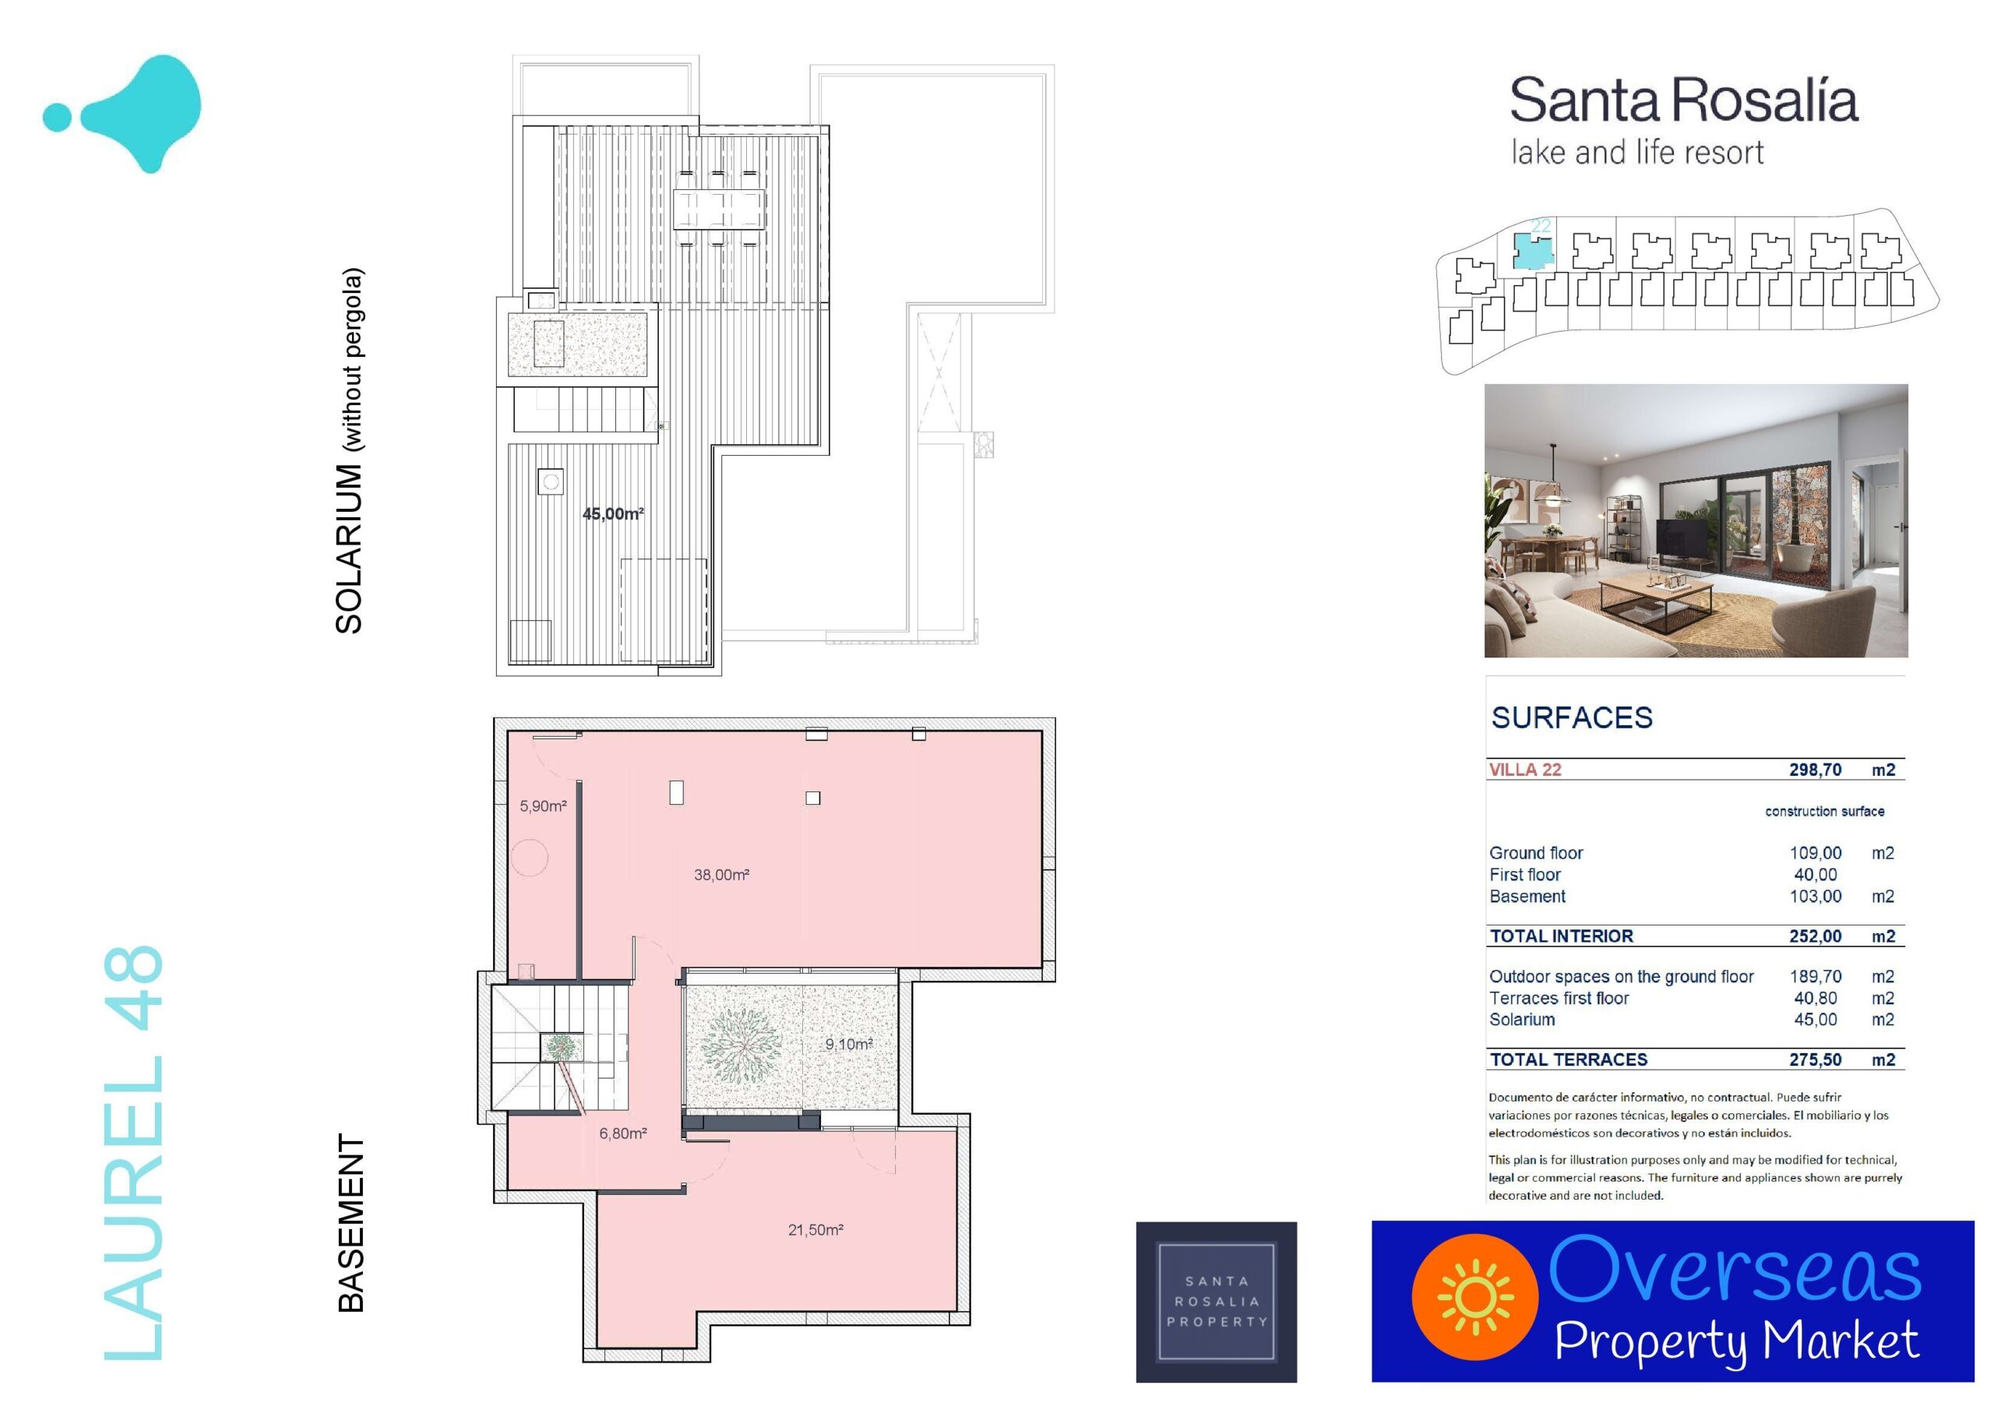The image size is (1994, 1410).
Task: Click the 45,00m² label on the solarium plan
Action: click(612, 513)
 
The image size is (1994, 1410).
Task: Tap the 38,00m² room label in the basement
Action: click(720, 875)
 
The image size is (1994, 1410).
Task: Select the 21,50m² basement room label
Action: click(816, 1229)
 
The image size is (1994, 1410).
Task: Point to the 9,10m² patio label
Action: click(848, 1043)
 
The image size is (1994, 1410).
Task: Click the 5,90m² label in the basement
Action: click(543, 806)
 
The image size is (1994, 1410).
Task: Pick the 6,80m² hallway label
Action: click(622, 1133)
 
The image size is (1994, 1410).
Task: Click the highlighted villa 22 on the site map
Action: click(1532, 251)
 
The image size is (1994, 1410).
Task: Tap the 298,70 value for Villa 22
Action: click(1815, 770)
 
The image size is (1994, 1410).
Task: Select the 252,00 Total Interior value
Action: click(1815, 936)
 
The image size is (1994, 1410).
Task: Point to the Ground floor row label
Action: click(1535, 853)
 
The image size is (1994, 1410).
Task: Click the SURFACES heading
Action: click(1572, 717)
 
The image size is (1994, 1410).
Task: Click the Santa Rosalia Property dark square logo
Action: click(1216, 1302)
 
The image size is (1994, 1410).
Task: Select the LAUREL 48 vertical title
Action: click(133, 1153)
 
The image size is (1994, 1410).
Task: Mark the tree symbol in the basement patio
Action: click(739, 1039)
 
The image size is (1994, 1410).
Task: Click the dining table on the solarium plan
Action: click(719, 209)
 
